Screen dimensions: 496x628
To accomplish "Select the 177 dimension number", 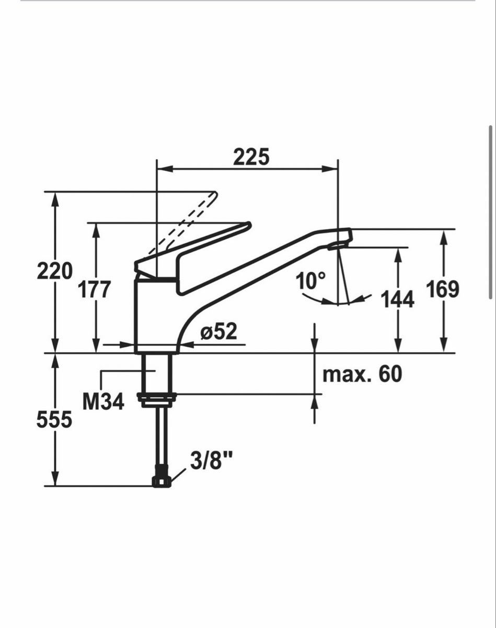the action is tap(95, 289).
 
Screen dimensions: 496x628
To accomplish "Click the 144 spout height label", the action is tap(398, 299).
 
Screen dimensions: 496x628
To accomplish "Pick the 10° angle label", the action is tap(310, 281).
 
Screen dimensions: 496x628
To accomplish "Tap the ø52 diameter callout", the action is tap(219, 331).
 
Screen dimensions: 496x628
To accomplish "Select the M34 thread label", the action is tap(103, 401).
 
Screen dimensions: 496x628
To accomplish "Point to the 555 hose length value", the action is tap(54, 419).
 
